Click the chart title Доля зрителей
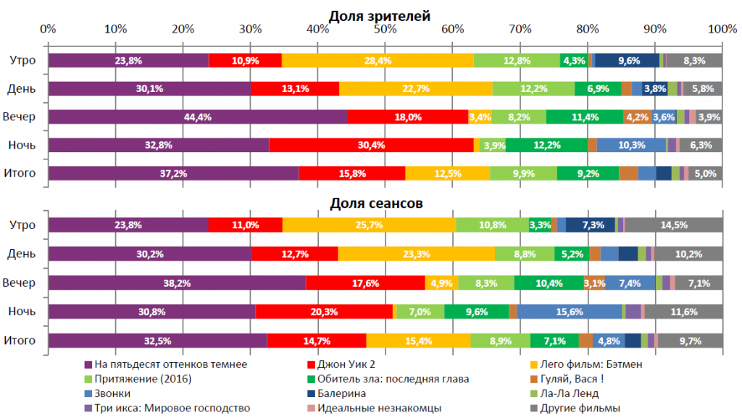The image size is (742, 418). (x=380, y=15)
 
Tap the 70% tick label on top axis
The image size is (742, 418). (x=520, y=30)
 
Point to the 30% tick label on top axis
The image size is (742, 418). (x=251, y=30)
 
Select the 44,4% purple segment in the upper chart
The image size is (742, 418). (x=198, y=117)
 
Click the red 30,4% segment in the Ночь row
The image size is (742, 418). (x=370, y=145)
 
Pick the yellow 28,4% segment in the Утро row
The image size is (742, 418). (x=378, y=60)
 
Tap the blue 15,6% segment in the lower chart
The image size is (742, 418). (x=570, y=312)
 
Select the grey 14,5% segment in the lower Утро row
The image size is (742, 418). (x=674, y=225)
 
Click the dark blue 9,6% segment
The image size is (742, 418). (x=628, y=60)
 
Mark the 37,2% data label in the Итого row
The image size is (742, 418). (x=173, y=173)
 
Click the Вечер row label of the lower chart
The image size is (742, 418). (x=22, y=283)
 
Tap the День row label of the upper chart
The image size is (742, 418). (x=22, y=88)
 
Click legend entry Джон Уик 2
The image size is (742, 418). (x=348, y=364)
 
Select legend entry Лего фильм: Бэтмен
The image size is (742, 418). (x=592, y=364)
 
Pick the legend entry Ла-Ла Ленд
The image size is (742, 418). (x=573, y=393)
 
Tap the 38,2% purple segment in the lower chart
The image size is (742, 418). (x=177, y=283)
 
